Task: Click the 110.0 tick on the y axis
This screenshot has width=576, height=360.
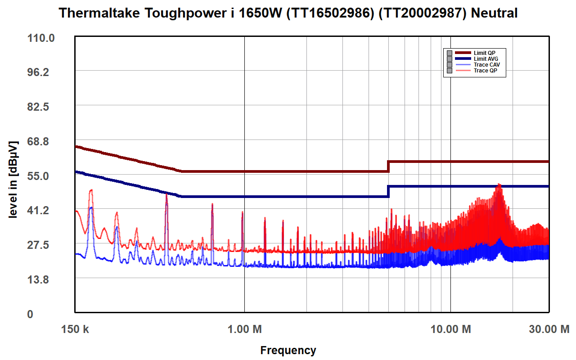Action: (41, 38)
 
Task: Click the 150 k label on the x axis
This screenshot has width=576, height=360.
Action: (74, 329)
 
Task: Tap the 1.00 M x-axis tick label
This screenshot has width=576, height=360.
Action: (244, 329)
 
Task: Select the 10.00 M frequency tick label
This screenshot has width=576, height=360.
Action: (450, 329)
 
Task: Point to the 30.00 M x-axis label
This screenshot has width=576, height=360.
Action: (549, 329)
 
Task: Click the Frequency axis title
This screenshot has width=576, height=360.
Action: (288, 350)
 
